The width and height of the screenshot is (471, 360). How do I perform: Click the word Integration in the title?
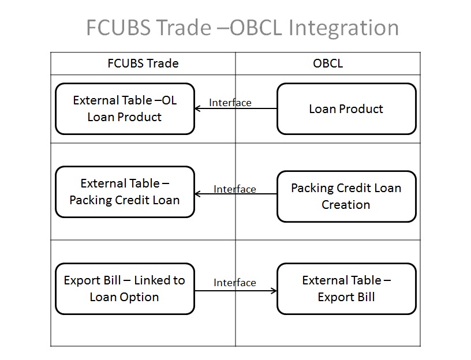[343, 28]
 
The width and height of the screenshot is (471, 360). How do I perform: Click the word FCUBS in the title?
[118, 27]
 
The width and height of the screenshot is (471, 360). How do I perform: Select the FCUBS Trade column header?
[143, 63]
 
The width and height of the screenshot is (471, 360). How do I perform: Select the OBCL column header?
[328, 63]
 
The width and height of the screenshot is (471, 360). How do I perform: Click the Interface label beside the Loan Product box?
[230, 103]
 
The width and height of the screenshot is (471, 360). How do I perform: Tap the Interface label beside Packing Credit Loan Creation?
[234, 189]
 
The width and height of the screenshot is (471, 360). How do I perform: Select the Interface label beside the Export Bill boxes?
[234, 283]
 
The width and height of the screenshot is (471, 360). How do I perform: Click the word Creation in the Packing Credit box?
[346, 205]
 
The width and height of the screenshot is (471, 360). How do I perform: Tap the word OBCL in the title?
[256, 27]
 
